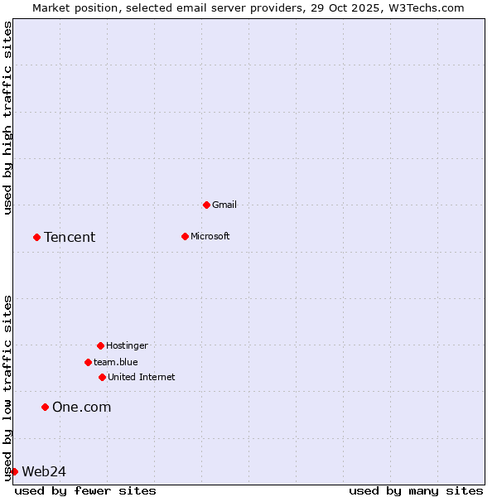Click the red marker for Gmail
206,205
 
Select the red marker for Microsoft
185,236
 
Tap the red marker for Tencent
36,237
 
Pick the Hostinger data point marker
100,345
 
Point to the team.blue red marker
88,362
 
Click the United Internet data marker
102,377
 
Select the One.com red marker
45,407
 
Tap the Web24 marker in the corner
14,471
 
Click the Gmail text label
224,205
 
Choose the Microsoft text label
210,236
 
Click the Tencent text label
70,238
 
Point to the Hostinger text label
127,345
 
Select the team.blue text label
116,362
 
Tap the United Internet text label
142,377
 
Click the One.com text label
81,407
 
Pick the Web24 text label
44,472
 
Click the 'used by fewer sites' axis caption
85,490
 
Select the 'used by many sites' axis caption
416,490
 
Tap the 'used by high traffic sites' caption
8,118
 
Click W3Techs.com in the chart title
423,7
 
